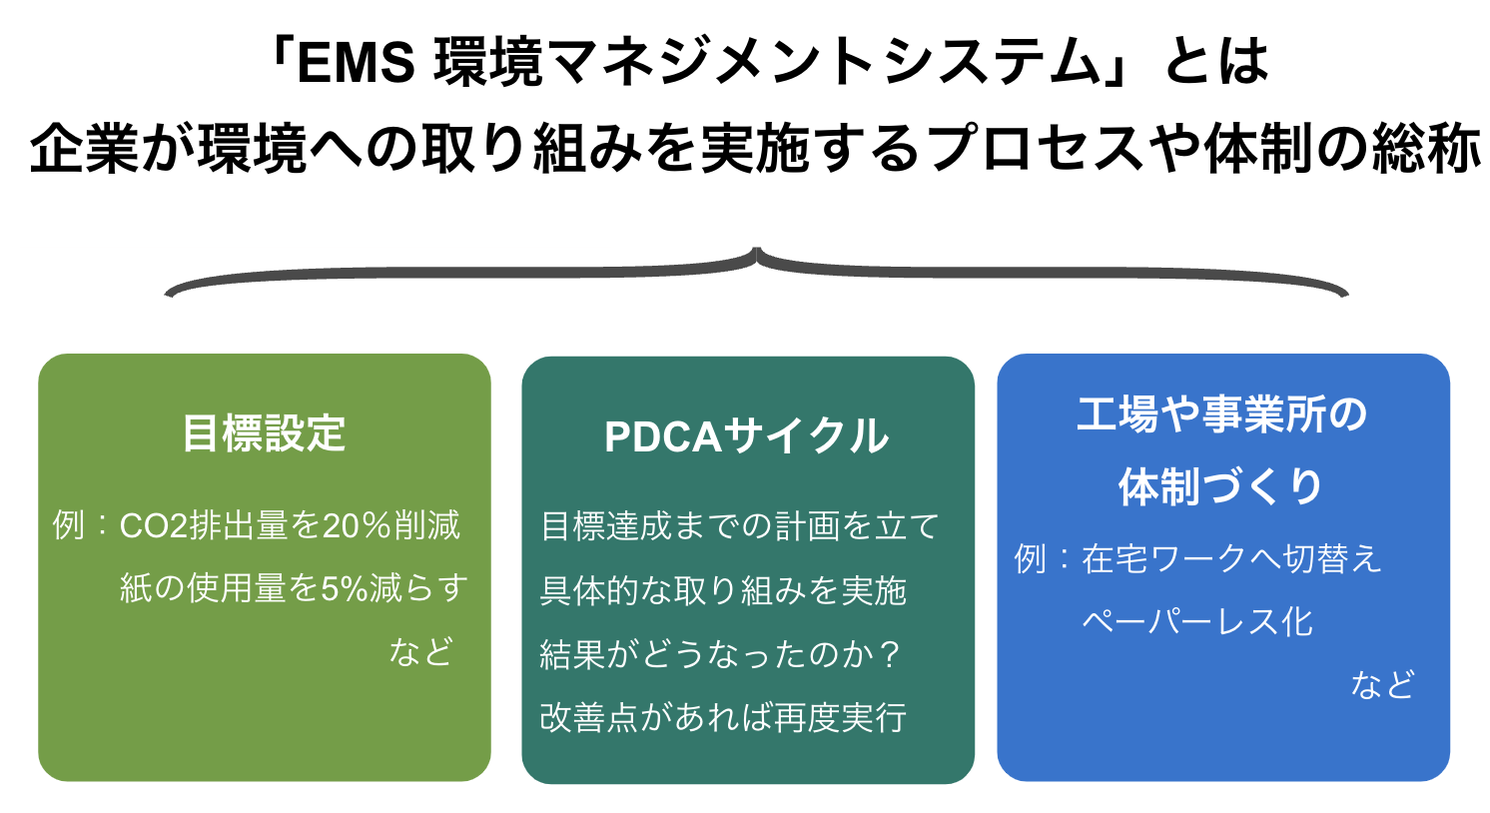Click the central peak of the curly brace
pos(756,251)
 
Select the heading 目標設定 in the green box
pos(264,433)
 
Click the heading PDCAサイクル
pos(746,436)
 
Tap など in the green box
pos(420,651)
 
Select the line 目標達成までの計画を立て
pos(739,525)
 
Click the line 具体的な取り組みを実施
pos(723,590)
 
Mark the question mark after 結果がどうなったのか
pos(891,654)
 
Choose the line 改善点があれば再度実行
pos(723,717)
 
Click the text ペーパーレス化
pos(1196,621)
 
